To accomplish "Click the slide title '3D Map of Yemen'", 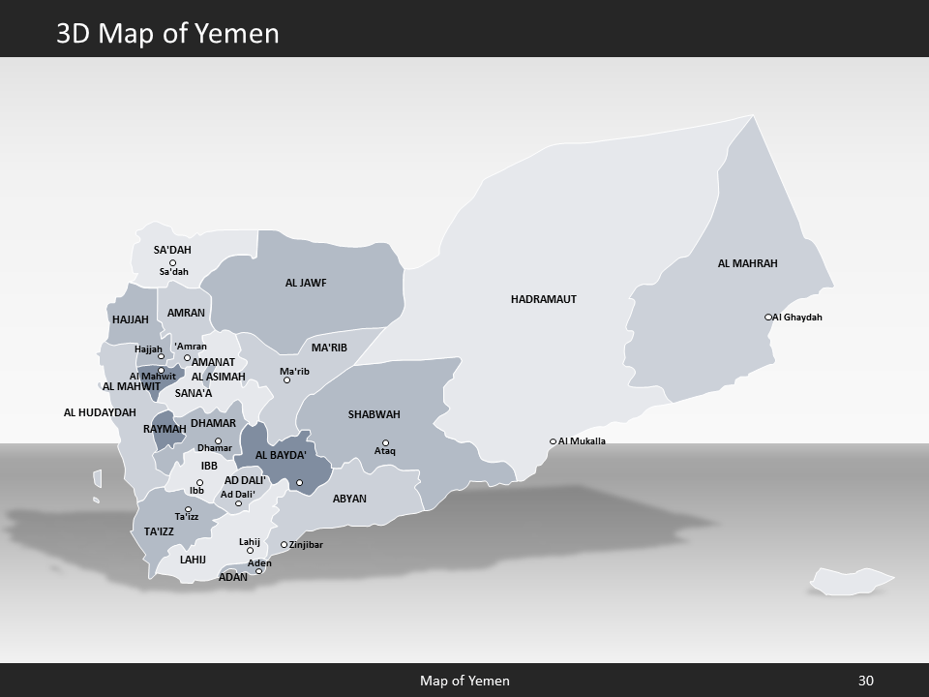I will [167, 34].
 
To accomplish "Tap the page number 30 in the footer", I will [865, 681].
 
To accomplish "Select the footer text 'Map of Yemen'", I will [464, 681].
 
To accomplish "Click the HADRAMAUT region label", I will [543, 299].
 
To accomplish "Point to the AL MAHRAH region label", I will [747, 263].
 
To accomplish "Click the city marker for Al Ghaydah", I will [768, 317].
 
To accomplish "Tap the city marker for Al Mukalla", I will [554, 441].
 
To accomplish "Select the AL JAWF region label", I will [306, 283].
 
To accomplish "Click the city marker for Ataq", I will [385, 443].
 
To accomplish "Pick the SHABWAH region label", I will [374, 414].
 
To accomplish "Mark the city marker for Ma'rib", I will [286, 380].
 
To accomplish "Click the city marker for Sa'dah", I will [173, 262].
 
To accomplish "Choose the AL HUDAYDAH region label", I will [100, 412].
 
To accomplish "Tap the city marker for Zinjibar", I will [284, 544].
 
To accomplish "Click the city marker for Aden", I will [258, 571].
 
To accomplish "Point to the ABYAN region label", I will [349, 499].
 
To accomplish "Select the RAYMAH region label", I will [165, 429].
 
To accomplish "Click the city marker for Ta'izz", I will [189, 509].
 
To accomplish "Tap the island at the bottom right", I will [852, 581].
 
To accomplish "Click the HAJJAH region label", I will [131, 319].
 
